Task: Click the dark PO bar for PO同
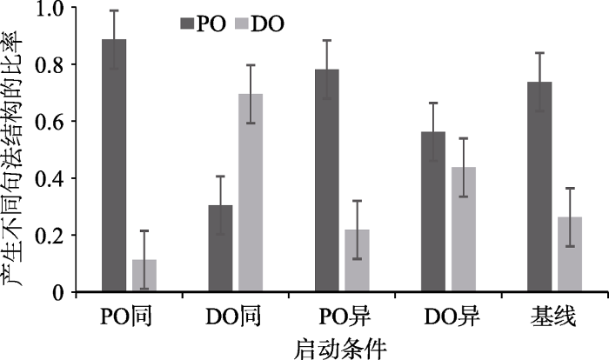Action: click(x=114, y=165)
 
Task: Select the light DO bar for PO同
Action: click(x=144, y=275)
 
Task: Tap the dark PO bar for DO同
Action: click(x=220, y=248)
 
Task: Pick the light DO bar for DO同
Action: click(x=251, y=192)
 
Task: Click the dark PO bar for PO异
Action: click(x=326, y=180)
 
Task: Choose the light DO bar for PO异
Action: click(x=357, y=260)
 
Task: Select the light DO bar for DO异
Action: click(x=463, y=229)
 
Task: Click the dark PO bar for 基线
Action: click(x=539, y=186)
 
